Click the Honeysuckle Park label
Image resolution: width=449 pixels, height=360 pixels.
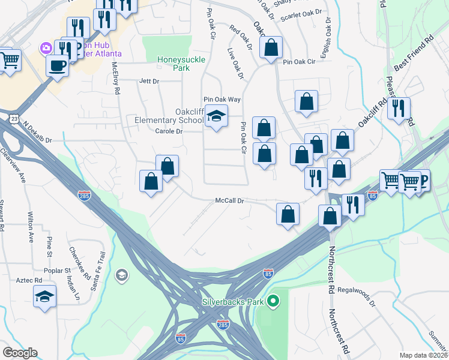coord(173,64)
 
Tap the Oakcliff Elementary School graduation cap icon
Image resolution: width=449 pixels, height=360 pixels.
coord(216,115)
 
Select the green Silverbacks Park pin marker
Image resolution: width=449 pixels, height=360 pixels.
coord(273,300)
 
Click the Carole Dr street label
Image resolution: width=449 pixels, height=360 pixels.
coord(168,131)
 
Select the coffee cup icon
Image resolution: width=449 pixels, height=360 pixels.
coord(58,65)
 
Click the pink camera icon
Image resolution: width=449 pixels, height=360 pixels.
coord(46,47)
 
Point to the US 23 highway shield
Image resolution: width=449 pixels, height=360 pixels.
coord(13,120)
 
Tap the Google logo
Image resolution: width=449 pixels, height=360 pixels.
coord(19,353)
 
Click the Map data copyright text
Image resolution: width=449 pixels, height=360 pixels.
coord(424,355)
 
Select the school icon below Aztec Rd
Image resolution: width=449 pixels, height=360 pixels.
coord(44,297)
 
